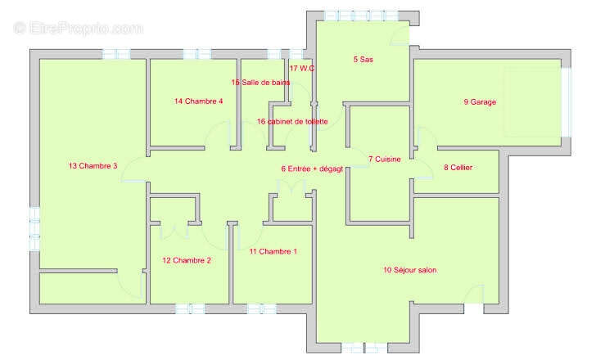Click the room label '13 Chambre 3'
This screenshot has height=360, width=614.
(93, 166)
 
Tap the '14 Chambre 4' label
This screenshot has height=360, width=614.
(199, 101)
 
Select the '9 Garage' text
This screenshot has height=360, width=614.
(480, 102)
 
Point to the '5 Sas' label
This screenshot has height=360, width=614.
(363, 60)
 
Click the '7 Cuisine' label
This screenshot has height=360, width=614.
(385, 160)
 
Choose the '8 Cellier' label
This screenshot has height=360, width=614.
(458, 168)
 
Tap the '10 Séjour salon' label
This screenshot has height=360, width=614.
(410, 270)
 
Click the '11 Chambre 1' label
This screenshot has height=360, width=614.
(273, 252)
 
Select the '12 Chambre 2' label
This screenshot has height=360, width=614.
(187, 261)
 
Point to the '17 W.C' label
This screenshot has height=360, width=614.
(302, 69)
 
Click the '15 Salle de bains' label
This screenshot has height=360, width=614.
(260, 83)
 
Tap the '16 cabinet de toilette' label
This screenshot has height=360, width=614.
(292, 122)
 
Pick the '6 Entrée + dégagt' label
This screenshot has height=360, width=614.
(312, 169)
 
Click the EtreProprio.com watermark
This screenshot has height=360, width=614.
(78, 29)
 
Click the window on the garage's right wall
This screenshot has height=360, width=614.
(566, 102)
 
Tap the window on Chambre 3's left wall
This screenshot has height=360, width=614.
(35, 229)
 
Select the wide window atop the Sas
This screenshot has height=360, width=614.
(361, 16)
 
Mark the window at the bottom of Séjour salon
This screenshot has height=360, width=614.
(364, 348)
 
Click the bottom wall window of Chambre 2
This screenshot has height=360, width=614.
(190, 308)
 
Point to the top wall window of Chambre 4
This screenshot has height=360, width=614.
(197, 54)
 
